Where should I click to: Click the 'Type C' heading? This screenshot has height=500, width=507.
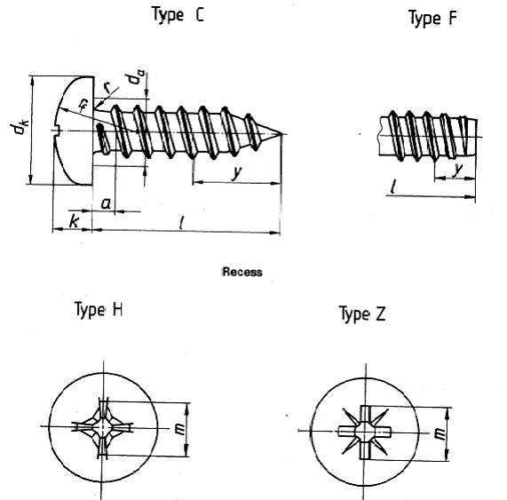coord(178,15)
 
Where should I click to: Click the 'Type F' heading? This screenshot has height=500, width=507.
coord(433,18)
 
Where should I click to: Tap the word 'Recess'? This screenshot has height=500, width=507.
coord(242,272)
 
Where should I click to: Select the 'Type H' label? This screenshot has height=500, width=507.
coord(99,310)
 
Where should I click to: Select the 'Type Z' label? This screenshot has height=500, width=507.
coord(362,313)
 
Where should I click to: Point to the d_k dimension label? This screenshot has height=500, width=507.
coord(20,126)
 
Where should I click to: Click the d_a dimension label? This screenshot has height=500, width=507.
coord(136,77)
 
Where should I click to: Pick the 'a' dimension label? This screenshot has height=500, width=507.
coord(106,203)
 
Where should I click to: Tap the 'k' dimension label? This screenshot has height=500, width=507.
coord(74,221)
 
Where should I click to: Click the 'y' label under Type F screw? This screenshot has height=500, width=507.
coord(457,169)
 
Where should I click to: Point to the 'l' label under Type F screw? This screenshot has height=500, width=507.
coord(393,187)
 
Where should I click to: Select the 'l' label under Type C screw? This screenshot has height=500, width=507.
coord(182,223)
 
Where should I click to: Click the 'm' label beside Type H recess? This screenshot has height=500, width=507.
coord(179,429)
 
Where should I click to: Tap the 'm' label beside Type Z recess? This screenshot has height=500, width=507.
coord(440,433)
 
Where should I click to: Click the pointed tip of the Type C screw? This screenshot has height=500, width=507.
coord(282,133)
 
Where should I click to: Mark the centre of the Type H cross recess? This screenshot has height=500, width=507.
coord(103,427)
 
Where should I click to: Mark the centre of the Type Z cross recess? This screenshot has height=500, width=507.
coord(365,432)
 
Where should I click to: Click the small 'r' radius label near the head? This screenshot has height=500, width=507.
coord(107,87)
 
